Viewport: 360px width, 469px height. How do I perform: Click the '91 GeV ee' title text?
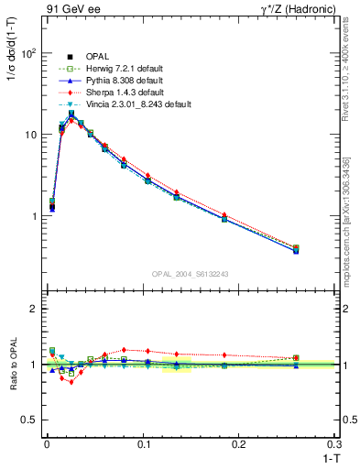point(71,10)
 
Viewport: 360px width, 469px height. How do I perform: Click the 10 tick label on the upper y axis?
point(29,135)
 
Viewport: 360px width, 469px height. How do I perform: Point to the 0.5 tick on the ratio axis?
point(27,420)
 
